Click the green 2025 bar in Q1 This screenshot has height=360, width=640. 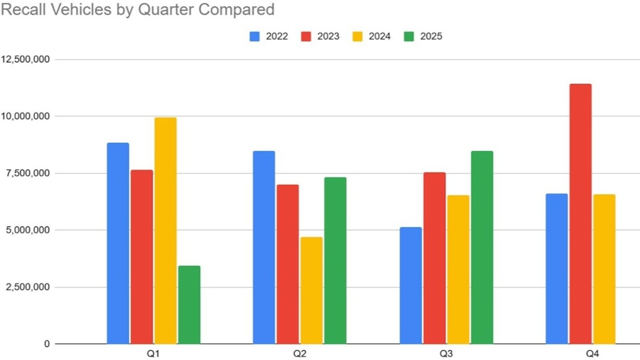point(189,305)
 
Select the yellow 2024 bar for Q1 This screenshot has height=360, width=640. point(165,231)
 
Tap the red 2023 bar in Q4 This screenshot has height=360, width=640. point(580,214)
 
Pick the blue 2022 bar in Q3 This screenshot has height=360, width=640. point(410,286)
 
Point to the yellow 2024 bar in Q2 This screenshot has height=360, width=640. point(311,291)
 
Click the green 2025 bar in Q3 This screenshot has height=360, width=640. point(482,247)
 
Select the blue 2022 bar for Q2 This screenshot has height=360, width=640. point(264,247)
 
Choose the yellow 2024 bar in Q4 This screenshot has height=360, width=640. point(604,269)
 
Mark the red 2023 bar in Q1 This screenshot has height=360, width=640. point(142,257)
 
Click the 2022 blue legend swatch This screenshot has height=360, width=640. point(254,36)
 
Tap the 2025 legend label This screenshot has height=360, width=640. point(431,36)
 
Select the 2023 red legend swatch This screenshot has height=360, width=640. point(306,36)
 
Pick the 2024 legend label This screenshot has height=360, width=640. point(380,36)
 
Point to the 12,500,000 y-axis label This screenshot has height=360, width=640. point(26,59)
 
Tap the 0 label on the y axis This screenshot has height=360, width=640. point(47,344)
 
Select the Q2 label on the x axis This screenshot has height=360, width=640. point(300,354)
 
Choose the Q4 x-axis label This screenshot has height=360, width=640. point(592,354)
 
